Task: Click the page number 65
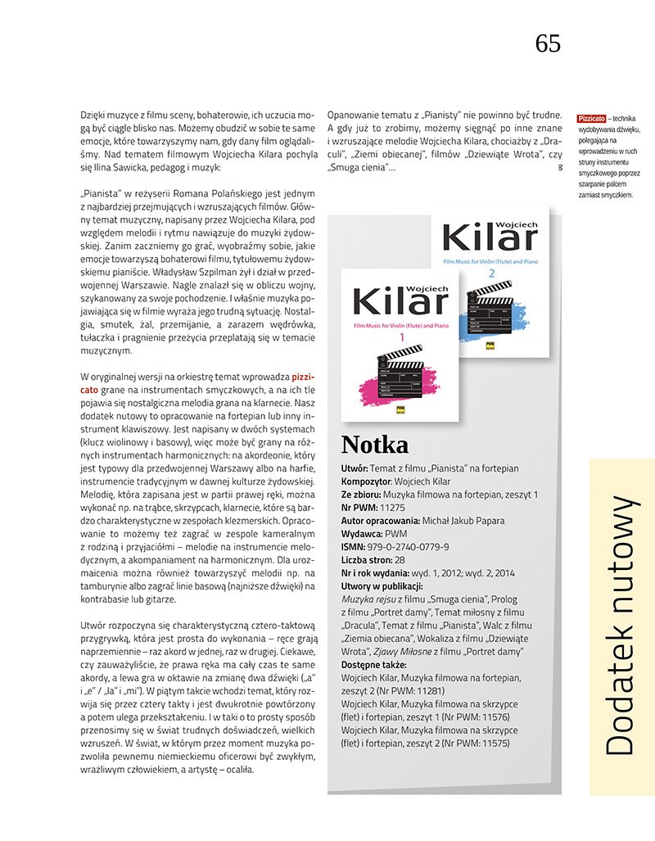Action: (548, 43)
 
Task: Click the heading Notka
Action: (374, 444)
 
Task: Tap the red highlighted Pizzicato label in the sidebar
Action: (591, 119)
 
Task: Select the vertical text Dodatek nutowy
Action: (622, 626)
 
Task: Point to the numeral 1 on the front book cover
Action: (402, 337)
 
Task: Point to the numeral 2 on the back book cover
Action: (492, 272)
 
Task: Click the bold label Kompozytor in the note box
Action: (365, 482)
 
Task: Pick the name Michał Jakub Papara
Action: (463, 521)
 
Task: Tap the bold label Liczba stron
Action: (368, 560)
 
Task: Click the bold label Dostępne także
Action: (373, 665)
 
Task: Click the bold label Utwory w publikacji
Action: (382, 586)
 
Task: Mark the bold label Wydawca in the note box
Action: (361, 534)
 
